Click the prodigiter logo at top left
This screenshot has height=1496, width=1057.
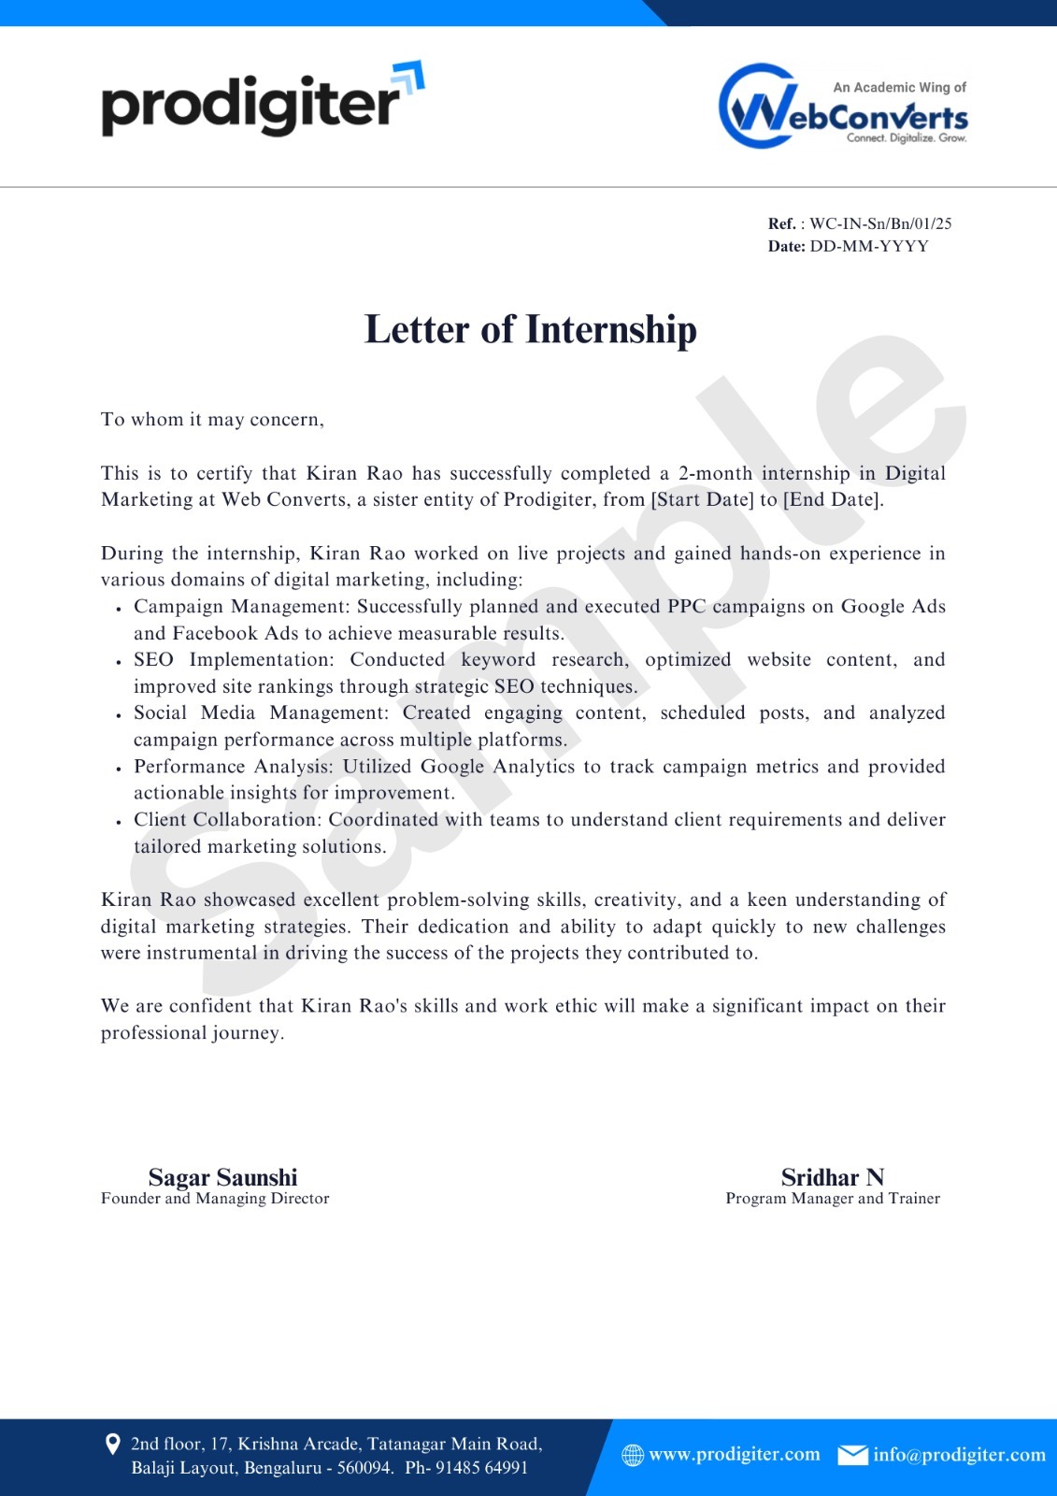click(262, 101)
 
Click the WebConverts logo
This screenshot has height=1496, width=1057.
click(843, 107)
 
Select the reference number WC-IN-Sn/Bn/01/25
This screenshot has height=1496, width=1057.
click(880, 223)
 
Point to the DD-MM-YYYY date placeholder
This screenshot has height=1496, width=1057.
click(869, 246)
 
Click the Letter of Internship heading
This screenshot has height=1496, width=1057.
click(530, 329)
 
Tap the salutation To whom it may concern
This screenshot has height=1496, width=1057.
click(212, 419)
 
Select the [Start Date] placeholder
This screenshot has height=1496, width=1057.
click(702, 499)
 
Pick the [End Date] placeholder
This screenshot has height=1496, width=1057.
click(832, 499)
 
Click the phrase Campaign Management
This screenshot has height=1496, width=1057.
click(241, 606)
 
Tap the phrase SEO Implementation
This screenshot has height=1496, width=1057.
click(233, 659)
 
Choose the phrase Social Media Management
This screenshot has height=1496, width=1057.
click(261, 712)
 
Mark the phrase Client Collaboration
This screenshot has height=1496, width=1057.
click(227, 820)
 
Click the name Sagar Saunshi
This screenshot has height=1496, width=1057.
click(222, 1177)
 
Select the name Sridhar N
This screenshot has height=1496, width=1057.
click(832, 1177)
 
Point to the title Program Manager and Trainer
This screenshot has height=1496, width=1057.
click(833, 1199)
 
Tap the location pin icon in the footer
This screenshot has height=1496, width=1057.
click(112, 1445)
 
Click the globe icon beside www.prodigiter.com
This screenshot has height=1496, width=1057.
click(633, 1455)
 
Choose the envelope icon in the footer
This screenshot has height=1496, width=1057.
click(852, 1455)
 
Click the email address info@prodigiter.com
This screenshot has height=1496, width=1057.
click(959, 1455)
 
